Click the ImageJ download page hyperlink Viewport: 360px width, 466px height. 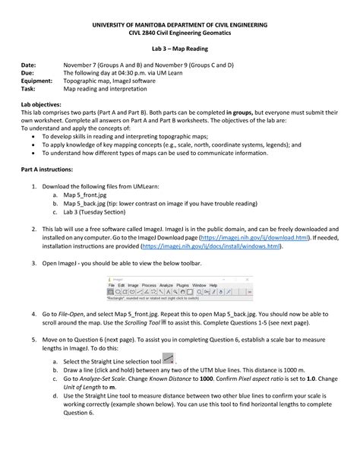click(x=259, y=236)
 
